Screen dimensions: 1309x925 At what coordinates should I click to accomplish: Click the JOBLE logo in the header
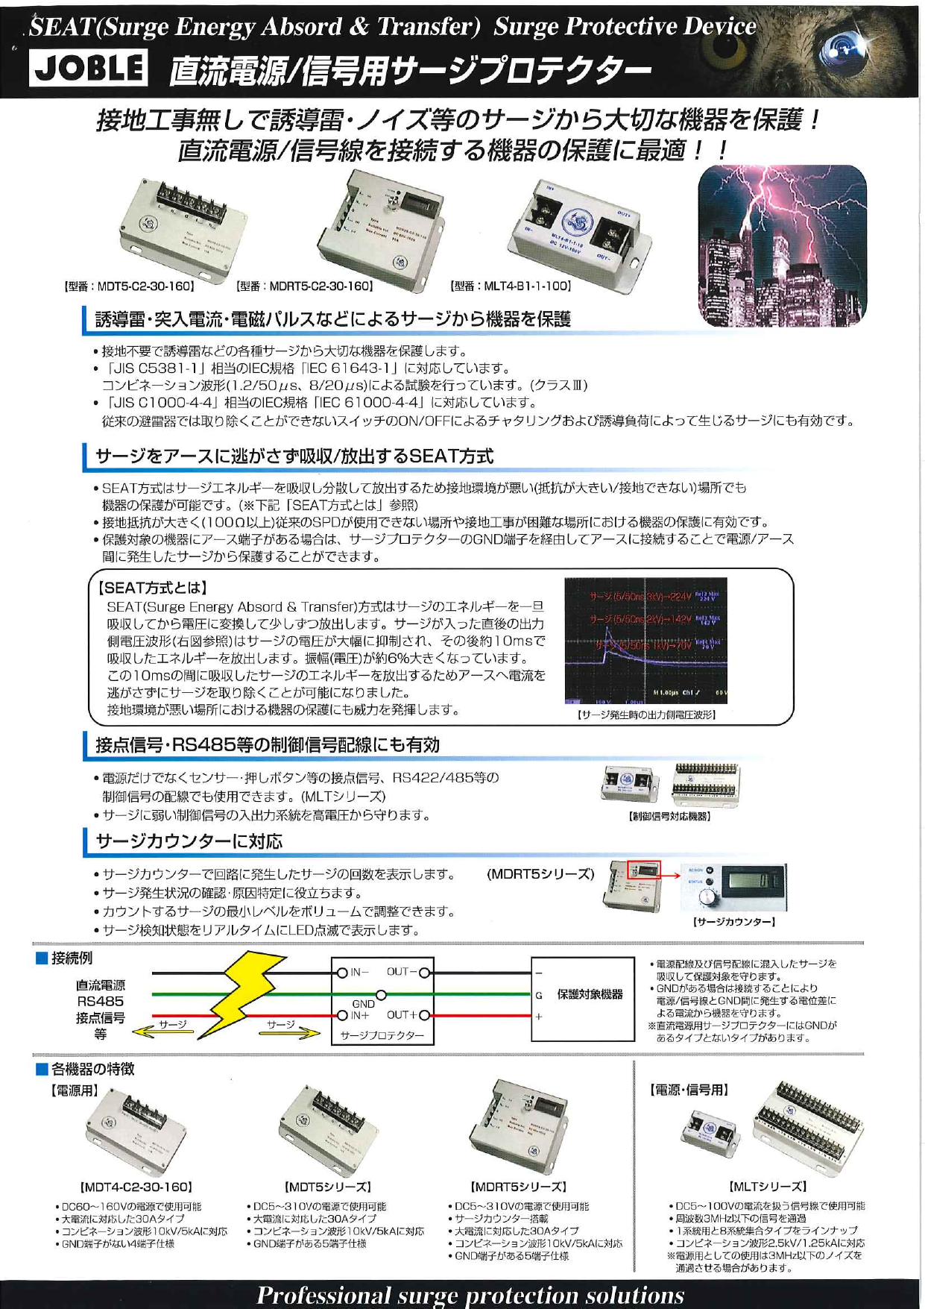pyautogui.click(x=88, y=69)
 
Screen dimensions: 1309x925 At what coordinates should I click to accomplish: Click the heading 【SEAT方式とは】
pyautogui.click(x=153, y=588)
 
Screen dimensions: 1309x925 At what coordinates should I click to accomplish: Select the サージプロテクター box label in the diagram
pyautogui.click(x=382, y=1035)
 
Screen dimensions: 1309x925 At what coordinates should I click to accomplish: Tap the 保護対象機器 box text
pyautogui.click(x=590, y=994)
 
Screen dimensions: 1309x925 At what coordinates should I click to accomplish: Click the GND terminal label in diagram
pyautogui.click(x=363, y=1004)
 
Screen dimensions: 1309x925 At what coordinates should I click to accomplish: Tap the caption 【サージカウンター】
pyautogui.click(x=734, y=922)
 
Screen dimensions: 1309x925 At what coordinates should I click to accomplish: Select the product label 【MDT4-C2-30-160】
pyautogui.click(x=136, y=1187)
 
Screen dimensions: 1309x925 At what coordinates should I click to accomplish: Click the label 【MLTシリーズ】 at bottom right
pyautogui.click(x=768, y=1187)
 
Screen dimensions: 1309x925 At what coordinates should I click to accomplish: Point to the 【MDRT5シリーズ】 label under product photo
pyautogui.click(x=519, y=1187)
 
